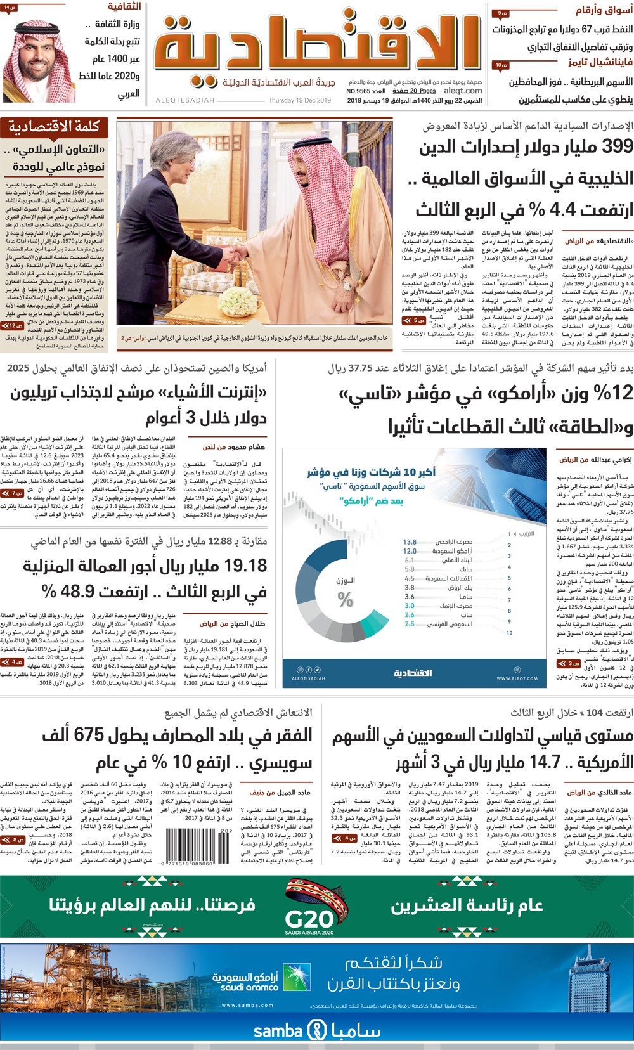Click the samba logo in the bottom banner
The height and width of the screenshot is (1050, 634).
tap(317, 1030)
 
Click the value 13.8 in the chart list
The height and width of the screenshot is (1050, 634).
tap(410, 542)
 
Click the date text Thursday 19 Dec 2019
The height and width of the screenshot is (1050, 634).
tap(299, 101)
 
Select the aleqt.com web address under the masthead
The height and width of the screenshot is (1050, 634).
tap(463, 91)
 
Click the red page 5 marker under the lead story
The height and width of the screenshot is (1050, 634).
tap(410, 321)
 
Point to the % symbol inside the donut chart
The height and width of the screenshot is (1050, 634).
tap(345, 599)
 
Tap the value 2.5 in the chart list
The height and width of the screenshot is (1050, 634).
tap(410, 624)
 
